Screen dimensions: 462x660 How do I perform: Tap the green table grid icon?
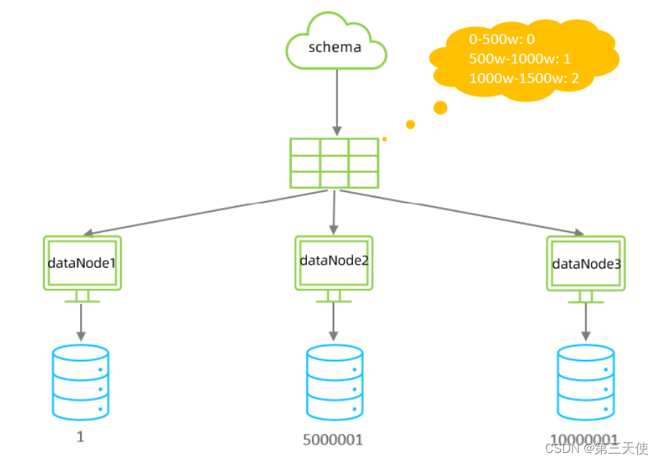click(334, 163)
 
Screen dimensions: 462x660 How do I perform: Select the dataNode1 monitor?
click(82, 264)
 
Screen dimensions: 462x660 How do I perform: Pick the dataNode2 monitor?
click(333, 262)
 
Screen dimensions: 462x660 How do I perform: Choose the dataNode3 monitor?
click(586, 264)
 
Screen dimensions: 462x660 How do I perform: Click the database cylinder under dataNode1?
click(81, 383)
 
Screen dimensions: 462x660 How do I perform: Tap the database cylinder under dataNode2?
click(334, 383)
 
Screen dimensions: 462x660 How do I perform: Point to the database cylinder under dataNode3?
click(585, 383)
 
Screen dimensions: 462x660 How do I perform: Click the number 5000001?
click(333, 439)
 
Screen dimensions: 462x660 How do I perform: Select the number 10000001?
click(584, 439)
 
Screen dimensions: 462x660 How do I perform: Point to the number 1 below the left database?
click(80, 437)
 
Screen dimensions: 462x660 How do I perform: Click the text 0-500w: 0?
click(501, 39)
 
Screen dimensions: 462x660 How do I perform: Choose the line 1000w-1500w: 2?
click(524, 78)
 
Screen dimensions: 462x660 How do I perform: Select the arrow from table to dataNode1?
click(204, 212)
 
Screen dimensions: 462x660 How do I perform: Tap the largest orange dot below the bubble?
click(440, 107)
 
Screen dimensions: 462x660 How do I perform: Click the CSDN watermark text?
click(596, 448)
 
